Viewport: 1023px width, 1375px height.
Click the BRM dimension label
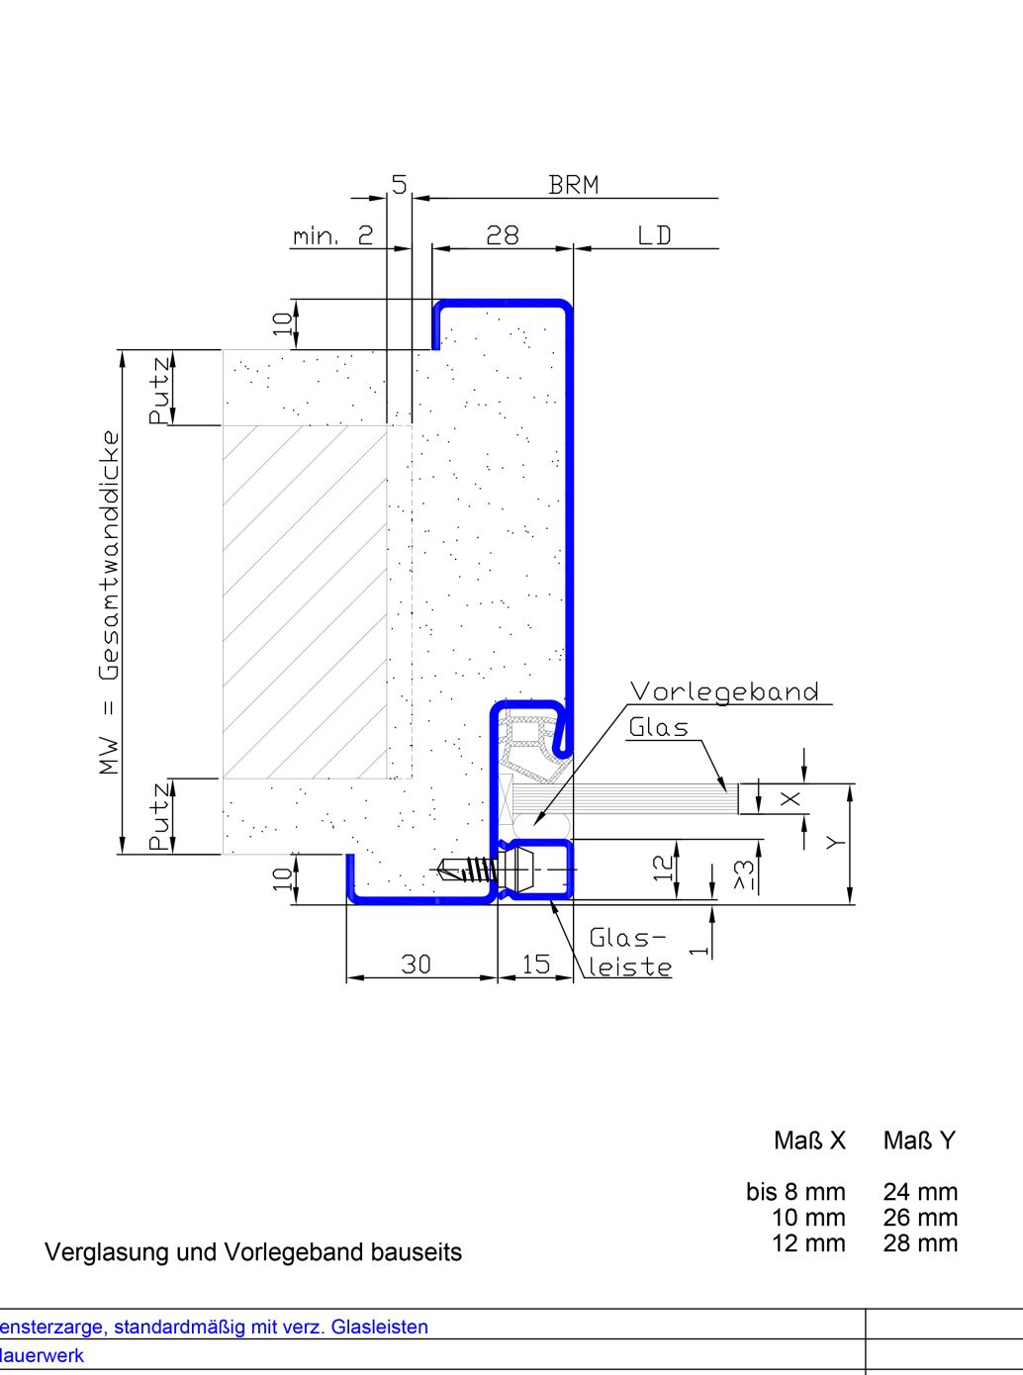pos(573,185)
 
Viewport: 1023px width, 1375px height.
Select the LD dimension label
pos(654,235)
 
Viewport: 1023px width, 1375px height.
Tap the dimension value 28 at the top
pos(503,235)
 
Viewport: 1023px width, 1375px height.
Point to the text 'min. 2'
pos(333,236)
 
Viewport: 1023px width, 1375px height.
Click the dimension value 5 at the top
pos(399,185)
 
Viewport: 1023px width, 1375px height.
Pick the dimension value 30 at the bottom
pos(417,964)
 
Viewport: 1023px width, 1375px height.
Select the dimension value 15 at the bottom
pos(535,964)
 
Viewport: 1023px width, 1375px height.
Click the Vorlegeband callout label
pos(724,691)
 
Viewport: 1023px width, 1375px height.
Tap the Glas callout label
pos(658,728)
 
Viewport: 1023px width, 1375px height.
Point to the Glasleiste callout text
pos(629,953)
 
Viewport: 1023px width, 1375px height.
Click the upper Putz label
pos(159,390)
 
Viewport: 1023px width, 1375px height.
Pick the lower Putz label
pos(159,816)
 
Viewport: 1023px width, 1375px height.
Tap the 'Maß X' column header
pos(809,1142)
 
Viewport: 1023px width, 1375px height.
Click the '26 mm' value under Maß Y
pos(920,1218)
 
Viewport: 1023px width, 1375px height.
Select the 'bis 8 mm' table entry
pos(795,1192)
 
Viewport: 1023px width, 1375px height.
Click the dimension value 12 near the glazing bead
pos(664,868)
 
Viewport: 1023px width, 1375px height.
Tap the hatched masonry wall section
pos(304,601)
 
